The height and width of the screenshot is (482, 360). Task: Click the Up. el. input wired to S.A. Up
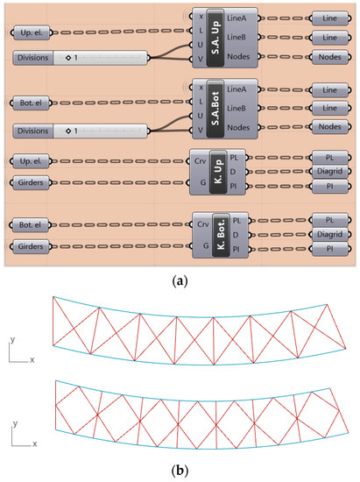click(x=34, y=33)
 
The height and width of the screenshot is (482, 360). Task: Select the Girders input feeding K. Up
click(x=34, y=182)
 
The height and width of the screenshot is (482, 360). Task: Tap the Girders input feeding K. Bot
click(x=34, y=248)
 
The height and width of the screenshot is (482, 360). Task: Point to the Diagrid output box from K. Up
click(x=331, y=171)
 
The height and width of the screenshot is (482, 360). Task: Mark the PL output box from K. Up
click(x=331, y=156)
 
